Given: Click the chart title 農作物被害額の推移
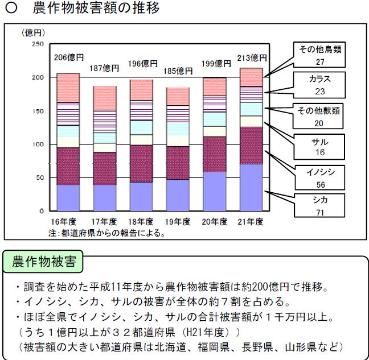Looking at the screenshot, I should pos(93,9).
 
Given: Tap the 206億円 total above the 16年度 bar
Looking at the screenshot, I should pos(69,57).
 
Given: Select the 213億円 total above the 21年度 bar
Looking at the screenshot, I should pos(252,57).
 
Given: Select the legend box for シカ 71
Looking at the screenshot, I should pos(319,205).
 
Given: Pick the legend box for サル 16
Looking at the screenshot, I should pos(319,147).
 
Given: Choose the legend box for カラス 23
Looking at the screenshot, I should pos(319,84).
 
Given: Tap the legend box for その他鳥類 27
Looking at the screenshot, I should pos(319,55).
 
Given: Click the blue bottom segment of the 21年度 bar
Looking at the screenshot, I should pos(251,188).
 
